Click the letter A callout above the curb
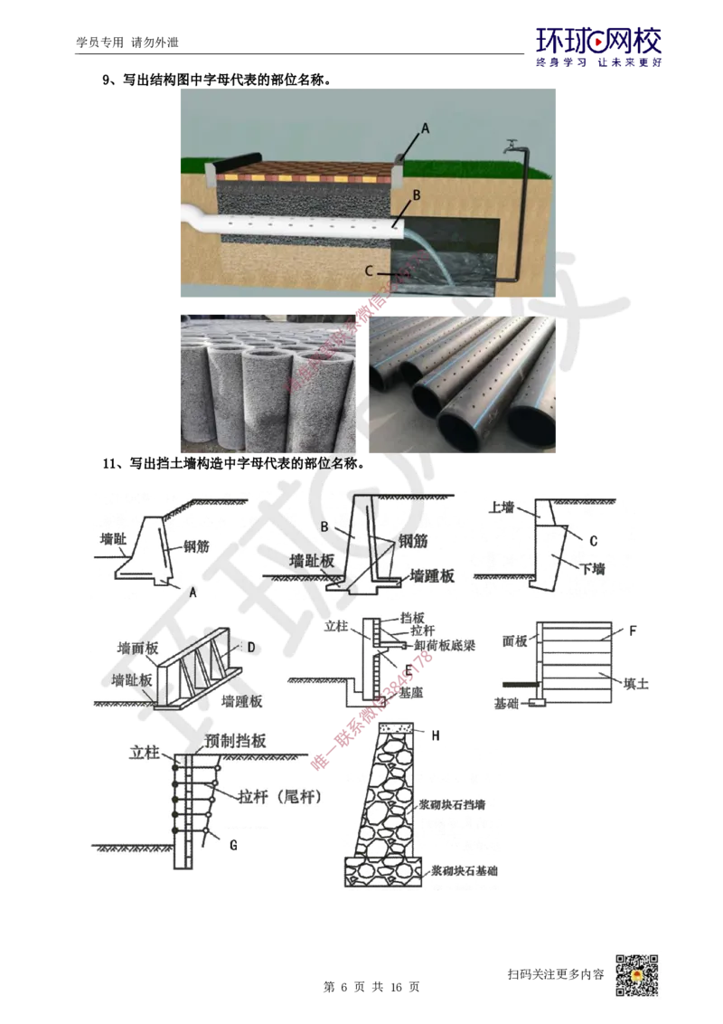(427, 128)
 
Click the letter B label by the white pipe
(417, 194)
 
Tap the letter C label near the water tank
(370, 270)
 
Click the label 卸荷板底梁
(445, 643)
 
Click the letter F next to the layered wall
(621, 626)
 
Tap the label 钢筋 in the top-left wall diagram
(196, 546)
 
